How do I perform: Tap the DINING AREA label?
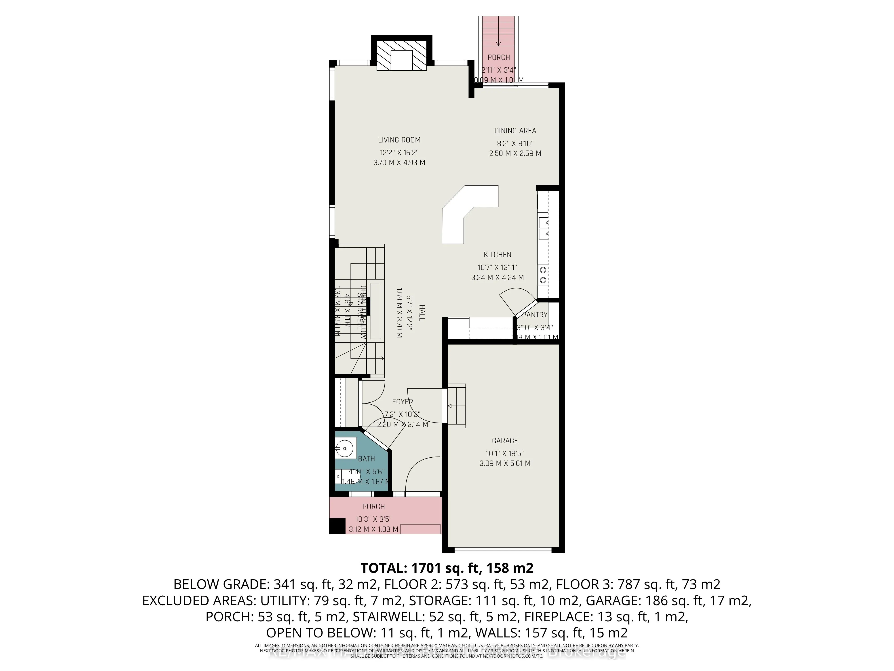(515, 131)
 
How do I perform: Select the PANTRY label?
(534, 315)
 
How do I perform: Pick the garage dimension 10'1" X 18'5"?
(505, 453)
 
